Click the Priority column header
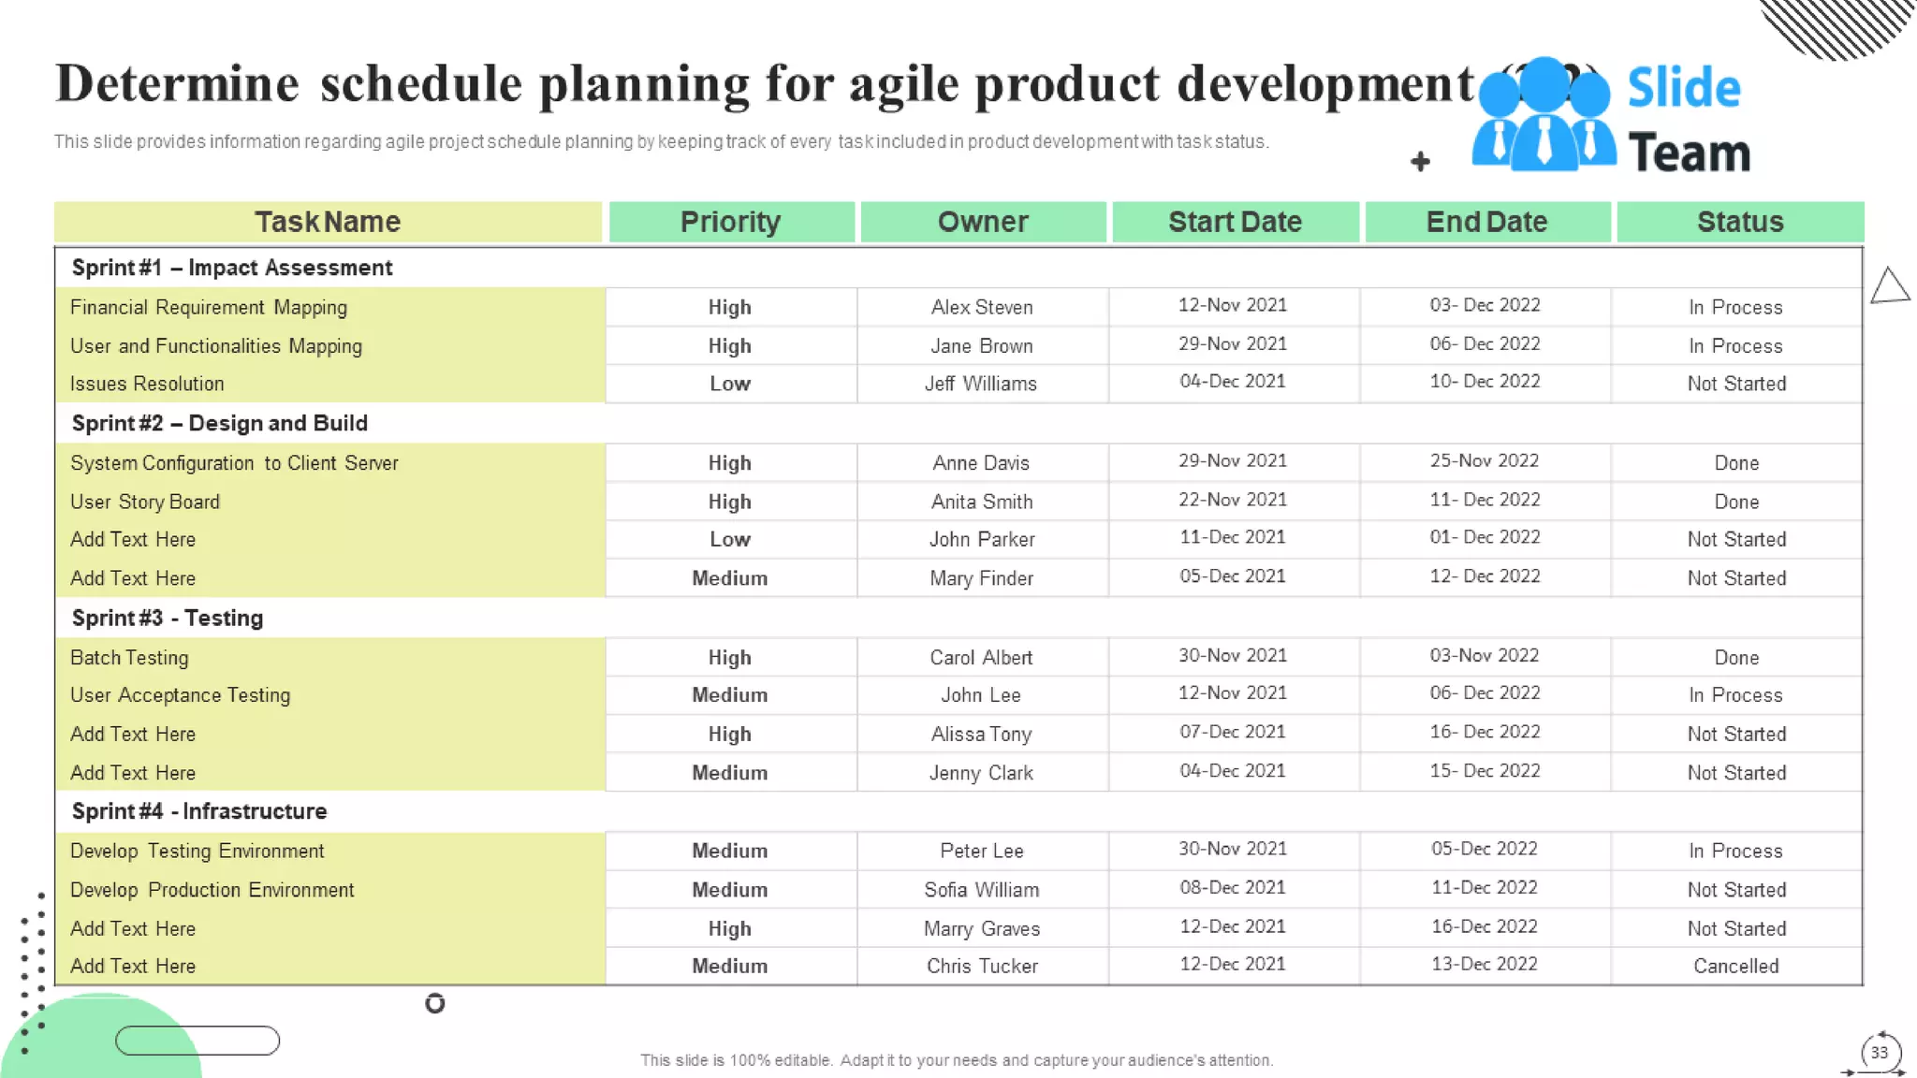pos(730,222)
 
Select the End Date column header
pos(1486,222)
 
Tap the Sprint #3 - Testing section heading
pos(168,618)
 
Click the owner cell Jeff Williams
pos(981,384)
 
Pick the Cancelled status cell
pos(1735,966)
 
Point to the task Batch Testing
pos(129,657)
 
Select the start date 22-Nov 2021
pos(1232,500)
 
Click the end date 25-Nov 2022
pos(1484,460)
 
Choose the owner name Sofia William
pos(981,889)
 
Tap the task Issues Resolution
pos(147,384)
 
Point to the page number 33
pos(1879,1053)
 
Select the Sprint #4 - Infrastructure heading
pos(199,811)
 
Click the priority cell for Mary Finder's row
pos(729,578)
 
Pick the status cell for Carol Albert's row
pos(1736,657)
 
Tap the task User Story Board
pos(145,502)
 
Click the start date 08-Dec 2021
pos(1232,887)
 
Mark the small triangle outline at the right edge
pos(1890,286)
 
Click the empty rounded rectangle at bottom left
pos(198,1041)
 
